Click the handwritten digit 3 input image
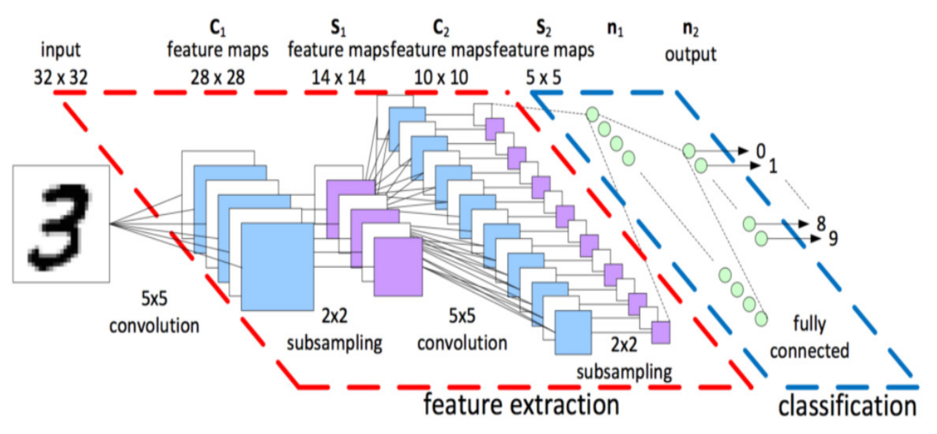coord(61,224)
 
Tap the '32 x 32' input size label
coord(61,78)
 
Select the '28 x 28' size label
coord(218,78)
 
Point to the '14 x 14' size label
coord(338,78)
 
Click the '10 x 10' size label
coord(441,78)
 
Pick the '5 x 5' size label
coord(543,78)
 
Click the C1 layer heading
coord(218,28)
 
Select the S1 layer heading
coord(338,28)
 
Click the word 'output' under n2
coord(690,54)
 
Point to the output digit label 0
coord(760,151)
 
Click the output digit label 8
coord(821,223)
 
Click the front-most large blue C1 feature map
coord(277,267)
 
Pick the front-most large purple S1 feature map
coord(398,267)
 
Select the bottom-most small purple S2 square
coord(661,332)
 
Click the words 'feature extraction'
coord(521,404)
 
